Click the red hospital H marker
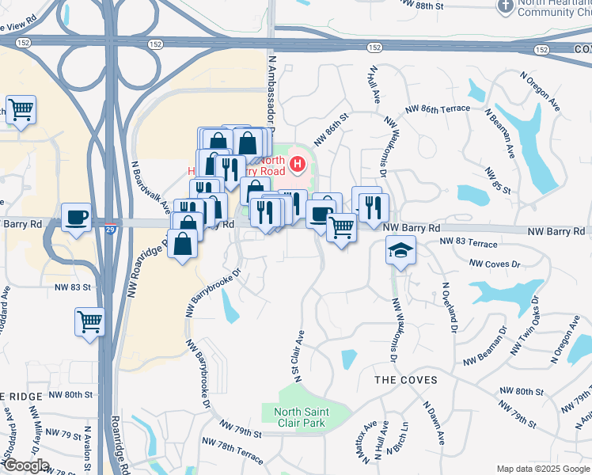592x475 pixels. point(298,165)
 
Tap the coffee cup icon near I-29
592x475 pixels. point(76,217)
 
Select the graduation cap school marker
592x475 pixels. point(400,251)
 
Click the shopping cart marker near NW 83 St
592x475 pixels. point(89,322)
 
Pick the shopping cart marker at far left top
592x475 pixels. point(21,110)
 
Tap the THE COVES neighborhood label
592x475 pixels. point(405,380)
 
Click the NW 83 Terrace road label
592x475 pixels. point(469,242)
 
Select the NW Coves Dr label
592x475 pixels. point(495,262)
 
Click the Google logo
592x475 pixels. point(25,466)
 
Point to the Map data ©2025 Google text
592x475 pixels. point(543,469)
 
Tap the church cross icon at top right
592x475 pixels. point(505,6)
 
